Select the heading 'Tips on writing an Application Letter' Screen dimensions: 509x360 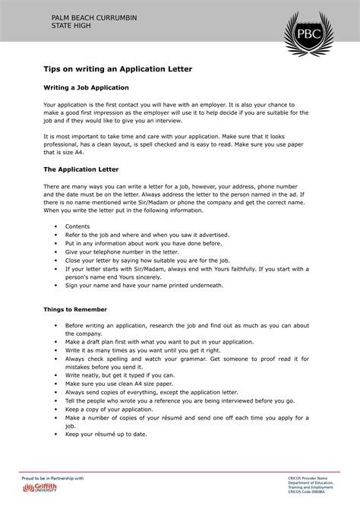pos(118,68)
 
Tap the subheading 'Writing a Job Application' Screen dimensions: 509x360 pos(91,87)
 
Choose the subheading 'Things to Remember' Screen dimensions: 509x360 pos(75,310)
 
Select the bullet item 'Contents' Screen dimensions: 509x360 pos(77,226)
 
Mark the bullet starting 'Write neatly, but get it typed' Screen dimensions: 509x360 pos(120,375)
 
